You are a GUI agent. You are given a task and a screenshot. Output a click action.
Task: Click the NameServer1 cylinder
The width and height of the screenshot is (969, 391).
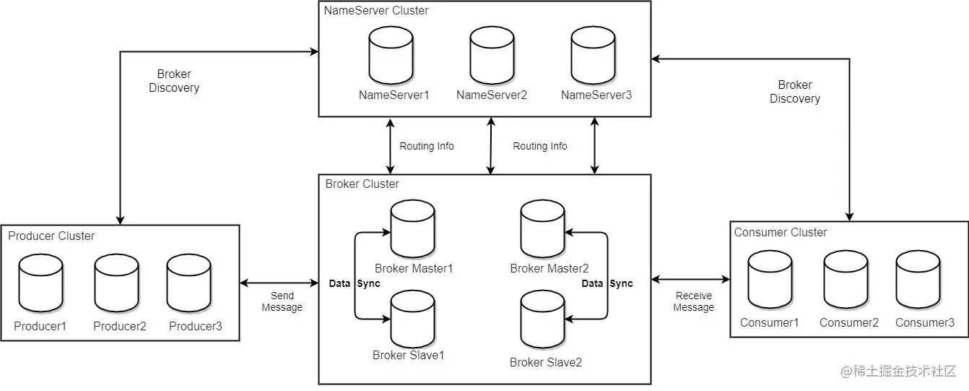click(x=391, y=56)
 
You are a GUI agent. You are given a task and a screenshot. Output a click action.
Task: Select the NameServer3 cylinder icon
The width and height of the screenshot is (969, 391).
click(x=593, y=56)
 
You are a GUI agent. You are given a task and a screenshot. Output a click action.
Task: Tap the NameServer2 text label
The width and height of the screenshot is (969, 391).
click(x=492, y=95)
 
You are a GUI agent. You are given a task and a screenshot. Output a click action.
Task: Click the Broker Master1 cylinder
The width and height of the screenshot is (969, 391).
click(x=412, y=229)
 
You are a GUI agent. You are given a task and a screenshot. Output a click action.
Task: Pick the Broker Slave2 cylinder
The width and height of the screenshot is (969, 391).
click(x=542, y=319)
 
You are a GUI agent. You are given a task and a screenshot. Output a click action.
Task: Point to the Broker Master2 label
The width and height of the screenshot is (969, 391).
click(x=549, y=268)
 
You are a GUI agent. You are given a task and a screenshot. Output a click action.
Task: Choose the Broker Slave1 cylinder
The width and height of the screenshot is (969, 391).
click(x=412, y=319)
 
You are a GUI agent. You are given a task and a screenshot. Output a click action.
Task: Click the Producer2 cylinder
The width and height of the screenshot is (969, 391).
click(x=116, y=283)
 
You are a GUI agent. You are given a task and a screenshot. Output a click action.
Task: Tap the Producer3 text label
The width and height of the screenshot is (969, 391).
click(x=195, y=326)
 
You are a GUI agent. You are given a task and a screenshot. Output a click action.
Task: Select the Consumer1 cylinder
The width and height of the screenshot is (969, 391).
click(x=770, y=280)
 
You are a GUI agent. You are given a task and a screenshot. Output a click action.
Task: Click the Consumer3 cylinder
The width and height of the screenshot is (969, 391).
click(x=918, y=280)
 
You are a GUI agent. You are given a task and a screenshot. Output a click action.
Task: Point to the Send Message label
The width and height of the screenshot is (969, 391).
click(x=282, y=301)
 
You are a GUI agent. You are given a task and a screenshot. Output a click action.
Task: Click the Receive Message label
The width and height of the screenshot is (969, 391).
click(x=693, y=301)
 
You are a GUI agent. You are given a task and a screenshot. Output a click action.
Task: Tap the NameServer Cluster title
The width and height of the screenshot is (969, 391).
click(x=376, y=10)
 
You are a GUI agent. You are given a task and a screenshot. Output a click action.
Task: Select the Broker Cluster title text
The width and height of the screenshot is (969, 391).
click(x=362, y=184)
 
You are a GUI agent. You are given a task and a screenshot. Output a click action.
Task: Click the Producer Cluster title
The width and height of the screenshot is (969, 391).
click(x=51, y=236)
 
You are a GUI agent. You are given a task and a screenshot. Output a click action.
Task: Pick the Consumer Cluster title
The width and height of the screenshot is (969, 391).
click(x=780, y=233)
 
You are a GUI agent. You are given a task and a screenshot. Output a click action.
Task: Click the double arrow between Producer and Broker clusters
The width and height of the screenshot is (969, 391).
click(x=279, y=283)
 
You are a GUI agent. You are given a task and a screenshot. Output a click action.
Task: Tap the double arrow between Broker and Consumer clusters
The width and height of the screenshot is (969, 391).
click(x=690, y=280)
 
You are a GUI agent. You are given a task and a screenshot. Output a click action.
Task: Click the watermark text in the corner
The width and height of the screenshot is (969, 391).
click(x=898, y=371)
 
